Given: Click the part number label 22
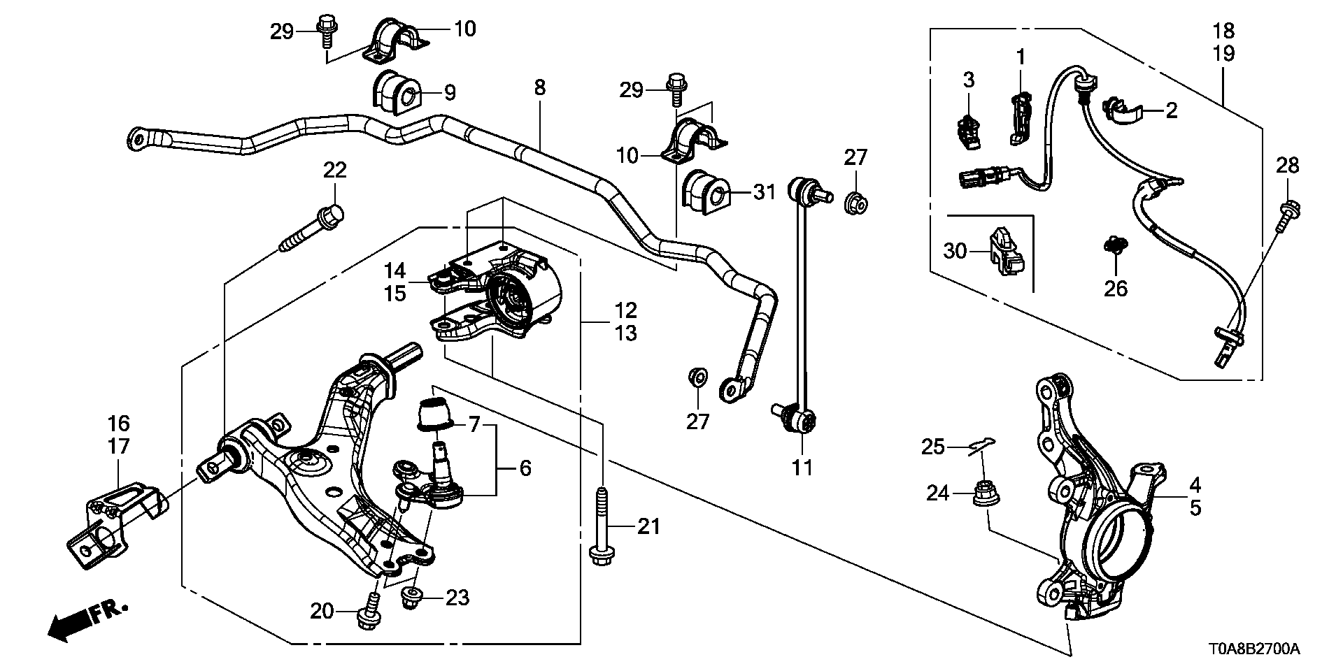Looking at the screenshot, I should (335, 170).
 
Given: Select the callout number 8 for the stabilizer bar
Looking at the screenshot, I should (539, 87).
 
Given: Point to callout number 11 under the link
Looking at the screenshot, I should (802, 467).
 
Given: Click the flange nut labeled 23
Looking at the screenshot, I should (411, 597).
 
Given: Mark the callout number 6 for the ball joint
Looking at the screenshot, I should (525, 468).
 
